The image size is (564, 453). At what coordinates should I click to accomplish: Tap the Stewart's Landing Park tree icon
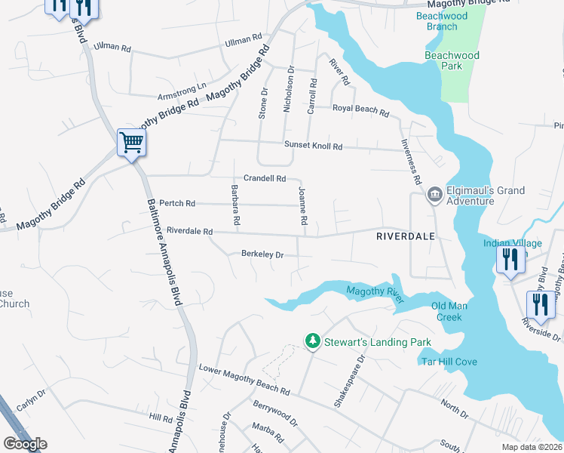[312, 342]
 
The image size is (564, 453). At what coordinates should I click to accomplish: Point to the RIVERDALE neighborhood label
[406, 236]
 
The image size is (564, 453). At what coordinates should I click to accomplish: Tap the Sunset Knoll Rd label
[313, 146]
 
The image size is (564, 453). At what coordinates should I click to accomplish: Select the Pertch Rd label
[178, 204]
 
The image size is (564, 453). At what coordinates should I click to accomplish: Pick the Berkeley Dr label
[262, 255]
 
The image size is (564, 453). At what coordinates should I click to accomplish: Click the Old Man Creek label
[456, 311]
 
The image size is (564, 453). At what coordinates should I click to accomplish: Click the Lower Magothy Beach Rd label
[244, 380]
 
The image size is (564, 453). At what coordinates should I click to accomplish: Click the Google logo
[25, 444]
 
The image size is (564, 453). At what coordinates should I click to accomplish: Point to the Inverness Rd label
[414, 164]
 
